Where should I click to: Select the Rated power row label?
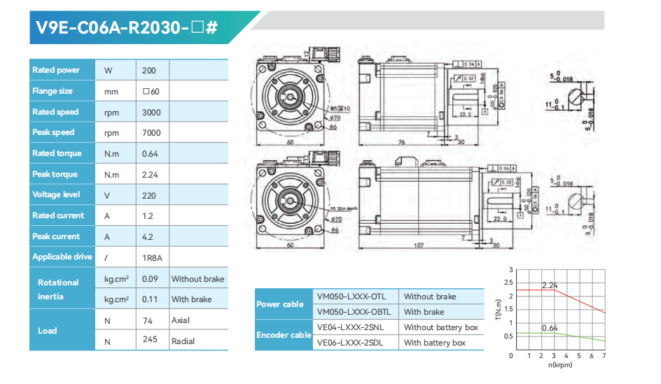56,70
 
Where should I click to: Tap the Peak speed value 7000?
151,133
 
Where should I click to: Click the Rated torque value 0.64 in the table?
150,154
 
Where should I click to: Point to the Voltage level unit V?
107,195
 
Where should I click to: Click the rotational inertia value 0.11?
149,299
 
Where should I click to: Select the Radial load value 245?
149,341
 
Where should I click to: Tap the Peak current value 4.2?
148,237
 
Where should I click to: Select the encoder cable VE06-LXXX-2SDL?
352,343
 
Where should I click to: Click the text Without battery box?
440,327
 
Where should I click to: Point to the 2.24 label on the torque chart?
550,285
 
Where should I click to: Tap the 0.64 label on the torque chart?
550,328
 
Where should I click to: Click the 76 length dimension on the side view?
402,143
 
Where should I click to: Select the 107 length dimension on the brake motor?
419,246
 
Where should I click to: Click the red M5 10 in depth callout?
344,208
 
